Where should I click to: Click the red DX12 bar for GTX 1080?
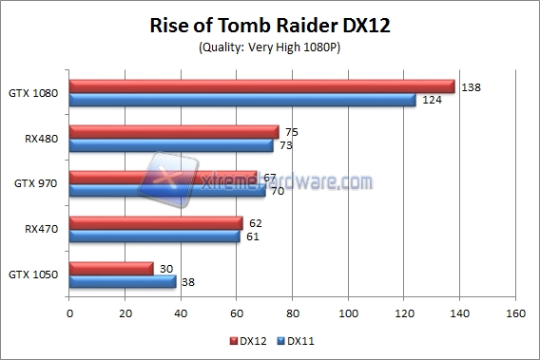coord(262,86)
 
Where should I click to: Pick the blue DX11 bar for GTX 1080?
coord(242,100)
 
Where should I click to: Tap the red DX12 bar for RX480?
coord(174,132)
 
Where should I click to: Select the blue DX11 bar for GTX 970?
coord(167,191)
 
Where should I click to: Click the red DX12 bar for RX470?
coord(156,223)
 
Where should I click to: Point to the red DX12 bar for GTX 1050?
coord(111,269)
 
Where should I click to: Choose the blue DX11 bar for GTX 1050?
coord(123,282)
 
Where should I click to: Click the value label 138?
coord(470,86)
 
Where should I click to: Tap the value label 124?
coord(431,100)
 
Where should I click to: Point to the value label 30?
coord(165,269)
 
